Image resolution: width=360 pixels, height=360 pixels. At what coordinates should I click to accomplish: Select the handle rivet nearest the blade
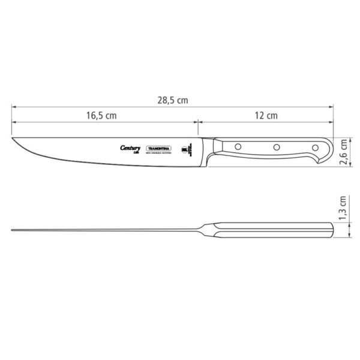pyautogui.click(x=238, y=146)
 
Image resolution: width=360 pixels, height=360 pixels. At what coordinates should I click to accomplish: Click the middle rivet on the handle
pyautogui.click(x=277, y=146)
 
